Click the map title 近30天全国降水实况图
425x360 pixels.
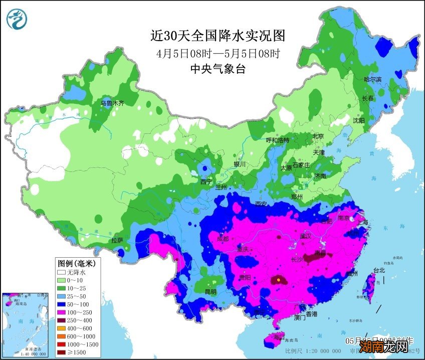218,36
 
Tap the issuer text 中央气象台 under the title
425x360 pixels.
218,69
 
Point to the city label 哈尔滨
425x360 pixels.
372,80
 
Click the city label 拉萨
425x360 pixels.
117,240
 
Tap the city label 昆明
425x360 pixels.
210,291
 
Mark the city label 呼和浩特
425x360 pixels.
277,140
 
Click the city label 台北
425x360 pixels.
379,270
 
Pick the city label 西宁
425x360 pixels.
206,181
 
